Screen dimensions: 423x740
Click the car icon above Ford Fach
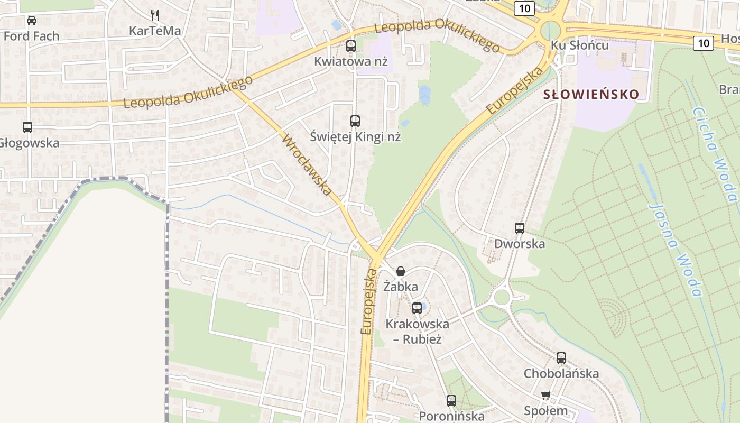point(32,21)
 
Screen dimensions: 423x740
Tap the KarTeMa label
point(155,31)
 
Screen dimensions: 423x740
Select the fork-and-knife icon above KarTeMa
point(155,15)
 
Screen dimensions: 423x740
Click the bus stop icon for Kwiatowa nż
point(351,46)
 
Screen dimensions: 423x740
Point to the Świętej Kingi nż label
point(355,137)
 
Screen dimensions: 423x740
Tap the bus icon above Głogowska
point(27,127)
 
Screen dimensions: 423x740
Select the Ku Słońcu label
point(580,45)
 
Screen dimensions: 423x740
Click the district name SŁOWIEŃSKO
point(591,95)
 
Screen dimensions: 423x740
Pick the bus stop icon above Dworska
point(520,228)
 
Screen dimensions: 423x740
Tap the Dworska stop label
point(520,244)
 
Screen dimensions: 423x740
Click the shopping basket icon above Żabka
point(401,271)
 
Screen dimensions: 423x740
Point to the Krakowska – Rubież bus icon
point(417,308)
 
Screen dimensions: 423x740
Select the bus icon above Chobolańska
point(561,358)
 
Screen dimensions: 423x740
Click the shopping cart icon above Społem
point(546,396)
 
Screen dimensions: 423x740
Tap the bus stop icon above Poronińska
point(451,401)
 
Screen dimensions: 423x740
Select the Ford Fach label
point(32,36)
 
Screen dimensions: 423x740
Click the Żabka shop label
point(401,287)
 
